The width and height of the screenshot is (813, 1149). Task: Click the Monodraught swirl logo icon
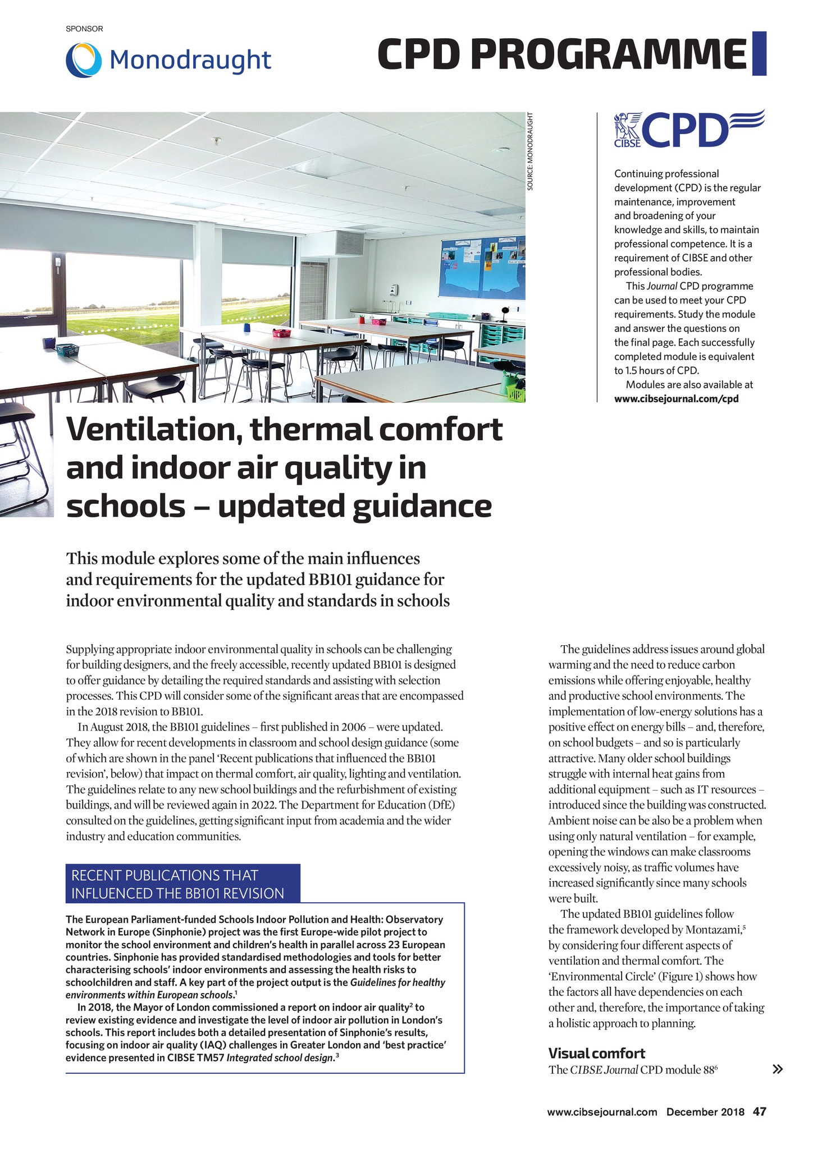(84, 60)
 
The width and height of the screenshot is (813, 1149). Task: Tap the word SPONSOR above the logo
(84, 29)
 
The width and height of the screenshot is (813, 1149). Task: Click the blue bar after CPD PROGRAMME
(759, 54)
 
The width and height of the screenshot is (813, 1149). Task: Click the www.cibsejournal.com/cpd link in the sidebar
(676, 399)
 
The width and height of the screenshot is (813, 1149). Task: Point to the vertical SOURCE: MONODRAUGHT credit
(530, 151)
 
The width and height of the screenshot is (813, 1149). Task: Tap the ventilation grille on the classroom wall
(350, 243)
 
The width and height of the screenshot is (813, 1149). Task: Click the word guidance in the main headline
(429, 505)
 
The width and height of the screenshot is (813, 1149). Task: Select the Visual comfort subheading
(596, 1053)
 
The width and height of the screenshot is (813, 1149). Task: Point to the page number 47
(760, 1111)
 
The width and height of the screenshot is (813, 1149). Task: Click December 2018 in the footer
(705, 1112)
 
